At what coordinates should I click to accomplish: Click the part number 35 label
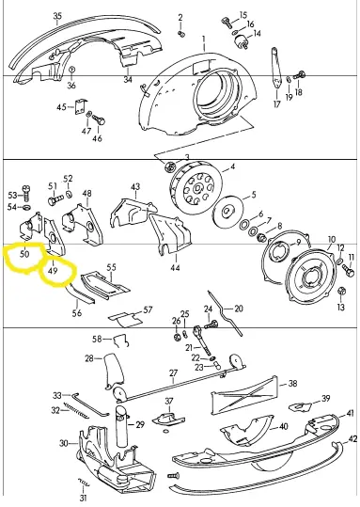coord(57,16)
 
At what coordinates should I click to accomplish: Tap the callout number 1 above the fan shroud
coord(204,40)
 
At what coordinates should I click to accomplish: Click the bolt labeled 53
coord(26,193)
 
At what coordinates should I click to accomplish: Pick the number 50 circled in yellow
coord(24,254)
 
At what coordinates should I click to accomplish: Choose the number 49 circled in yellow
coord(52,270)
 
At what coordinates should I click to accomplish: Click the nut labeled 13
coord(341,291)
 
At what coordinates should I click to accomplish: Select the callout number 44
coord(176,268)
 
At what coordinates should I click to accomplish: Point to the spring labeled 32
coord(76,409)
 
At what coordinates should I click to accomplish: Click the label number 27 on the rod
coord(174,373)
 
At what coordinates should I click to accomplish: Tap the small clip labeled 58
coord(121,341)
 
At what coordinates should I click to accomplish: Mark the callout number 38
coord(292,384)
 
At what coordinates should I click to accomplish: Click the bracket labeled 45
coord(80,106)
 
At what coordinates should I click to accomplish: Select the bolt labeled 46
coord(99,119)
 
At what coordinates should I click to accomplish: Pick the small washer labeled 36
coord(72,70)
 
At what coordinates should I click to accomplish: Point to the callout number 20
coord(239,309)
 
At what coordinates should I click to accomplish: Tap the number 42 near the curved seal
coord(352,438)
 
